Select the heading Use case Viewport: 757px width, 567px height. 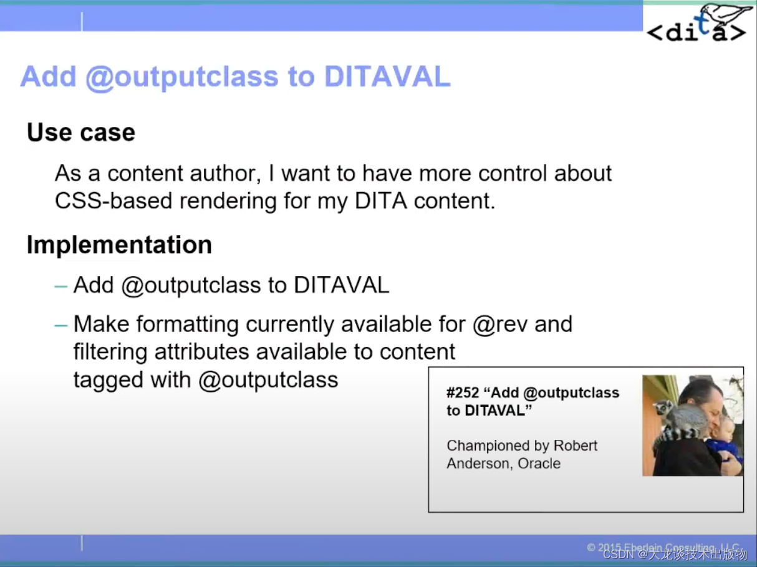pyautogui.click(x=81, y=133)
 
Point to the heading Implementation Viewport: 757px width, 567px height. pyautogui.click(x=119, y=245)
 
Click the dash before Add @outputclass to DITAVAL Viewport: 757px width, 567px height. pyautogui.click(x=60, y=286)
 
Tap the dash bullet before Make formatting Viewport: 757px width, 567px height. pyautogui.click(x=60, y=325)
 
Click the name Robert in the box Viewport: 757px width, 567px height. pyautogui.click(x=574, y=446)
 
